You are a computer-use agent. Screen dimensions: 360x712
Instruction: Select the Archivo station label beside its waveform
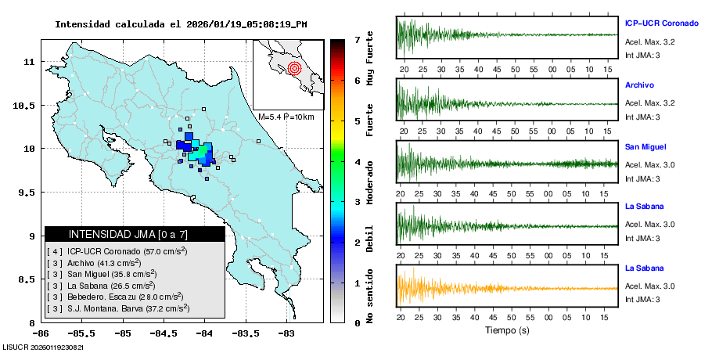639,85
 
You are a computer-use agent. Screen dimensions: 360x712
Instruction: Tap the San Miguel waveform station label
645,146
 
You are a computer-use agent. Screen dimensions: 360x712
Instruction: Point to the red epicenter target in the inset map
294,67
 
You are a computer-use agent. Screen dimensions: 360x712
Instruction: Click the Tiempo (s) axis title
508,330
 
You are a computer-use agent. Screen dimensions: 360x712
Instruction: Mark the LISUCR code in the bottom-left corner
43,347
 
